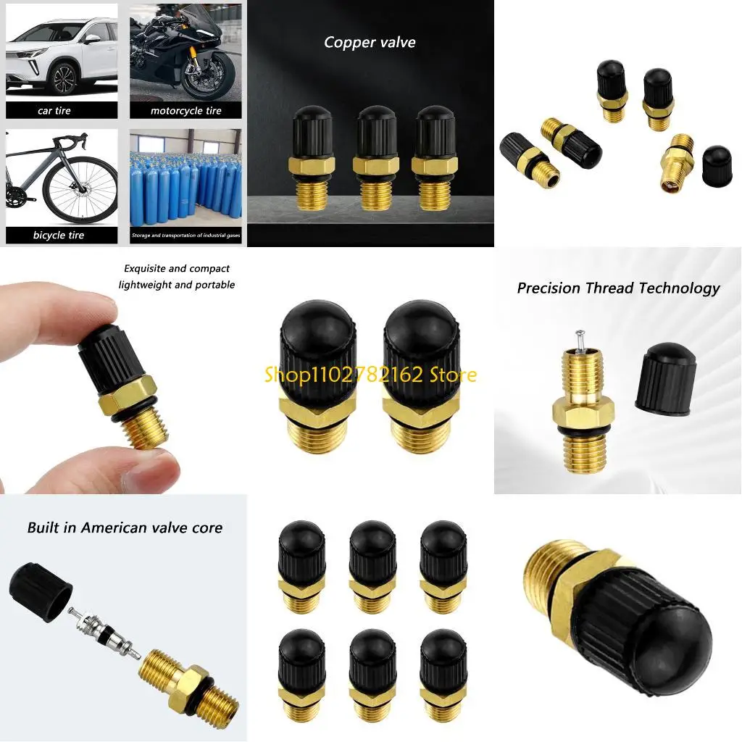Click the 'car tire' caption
click(54, 111)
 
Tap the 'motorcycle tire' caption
click(185, 111)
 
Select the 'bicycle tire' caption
click(58, 235)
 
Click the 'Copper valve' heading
click(370, 42)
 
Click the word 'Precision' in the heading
click(549, 288)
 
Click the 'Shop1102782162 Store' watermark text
click(370, 375)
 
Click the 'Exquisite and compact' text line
click(177, 268)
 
